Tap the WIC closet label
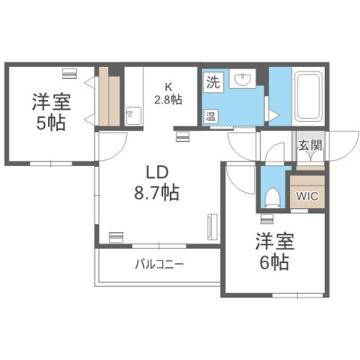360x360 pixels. [307, 198]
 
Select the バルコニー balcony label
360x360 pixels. [159, 265]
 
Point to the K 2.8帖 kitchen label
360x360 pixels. [167, 93]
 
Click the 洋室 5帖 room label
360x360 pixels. [49, 111]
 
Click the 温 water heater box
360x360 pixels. [212, 116]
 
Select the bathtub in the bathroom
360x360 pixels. [307, 98]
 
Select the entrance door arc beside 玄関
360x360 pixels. [340, 145]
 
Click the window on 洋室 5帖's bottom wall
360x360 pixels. [50, 162]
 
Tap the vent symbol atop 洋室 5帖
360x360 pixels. [69, 73]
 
